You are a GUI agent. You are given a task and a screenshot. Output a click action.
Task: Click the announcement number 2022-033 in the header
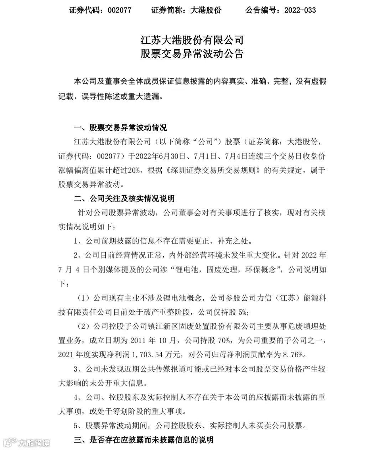point(300,10)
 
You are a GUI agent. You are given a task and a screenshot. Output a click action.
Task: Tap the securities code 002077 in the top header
point(119,10)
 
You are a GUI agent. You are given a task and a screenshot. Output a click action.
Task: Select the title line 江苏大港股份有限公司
point(192,39)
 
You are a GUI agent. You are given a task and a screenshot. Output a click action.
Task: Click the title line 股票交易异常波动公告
point(192,54)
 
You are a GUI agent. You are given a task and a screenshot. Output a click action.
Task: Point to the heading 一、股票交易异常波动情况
point(120,128)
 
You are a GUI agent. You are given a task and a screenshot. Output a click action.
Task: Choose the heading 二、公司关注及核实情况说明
point(124,198)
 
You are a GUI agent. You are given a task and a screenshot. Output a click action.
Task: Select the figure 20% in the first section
point(134,170)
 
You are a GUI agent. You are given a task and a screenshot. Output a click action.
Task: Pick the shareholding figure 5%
point(243,312)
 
